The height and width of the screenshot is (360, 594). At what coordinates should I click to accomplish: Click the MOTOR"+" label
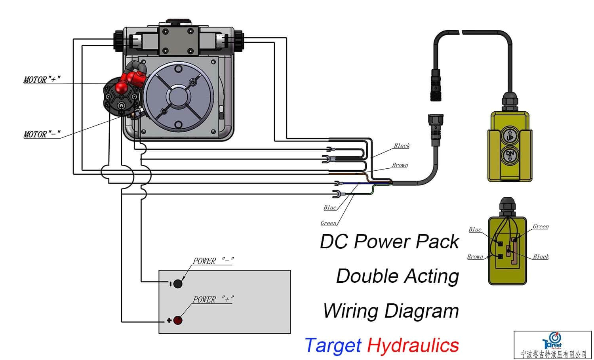pyautogui.click(x=42, y=80)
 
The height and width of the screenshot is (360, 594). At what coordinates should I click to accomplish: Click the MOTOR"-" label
pyautogui.click(x=42, y=134)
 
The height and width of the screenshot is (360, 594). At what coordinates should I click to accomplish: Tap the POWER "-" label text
pyautogui.click(x=213, y=261)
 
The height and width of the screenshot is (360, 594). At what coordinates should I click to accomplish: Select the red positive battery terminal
pyautogui.click(x=178, y=320)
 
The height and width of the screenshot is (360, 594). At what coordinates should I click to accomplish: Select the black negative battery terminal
pyautogui.click(x=178, y=284)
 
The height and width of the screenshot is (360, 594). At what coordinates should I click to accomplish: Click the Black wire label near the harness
pyautogui.click(x=402, y=146)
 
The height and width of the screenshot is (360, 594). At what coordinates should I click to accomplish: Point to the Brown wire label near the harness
pyautogui.click(x=400, y=165)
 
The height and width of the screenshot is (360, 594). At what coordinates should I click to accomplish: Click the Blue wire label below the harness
pyautogui.click(x=330, y=208)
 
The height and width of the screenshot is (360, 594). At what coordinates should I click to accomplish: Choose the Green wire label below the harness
pyautogui.click(x=328, y=223)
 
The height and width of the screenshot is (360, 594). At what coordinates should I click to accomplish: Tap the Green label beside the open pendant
pyautogui.click(x=541, y=227)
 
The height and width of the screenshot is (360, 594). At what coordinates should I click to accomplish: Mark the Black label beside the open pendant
pyautogui.click(x=541, y=257)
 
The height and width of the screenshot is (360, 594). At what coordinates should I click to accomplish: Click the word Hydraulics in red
pyautogui.click(x=413, y=345)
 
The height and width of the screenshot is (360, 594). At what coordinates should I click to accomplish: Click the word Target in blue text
pyautogui.click(x=333, y=345)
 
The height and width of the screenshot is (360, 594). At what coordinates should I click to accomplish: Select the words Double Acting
pyautogui.click(x=397, y=276)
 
